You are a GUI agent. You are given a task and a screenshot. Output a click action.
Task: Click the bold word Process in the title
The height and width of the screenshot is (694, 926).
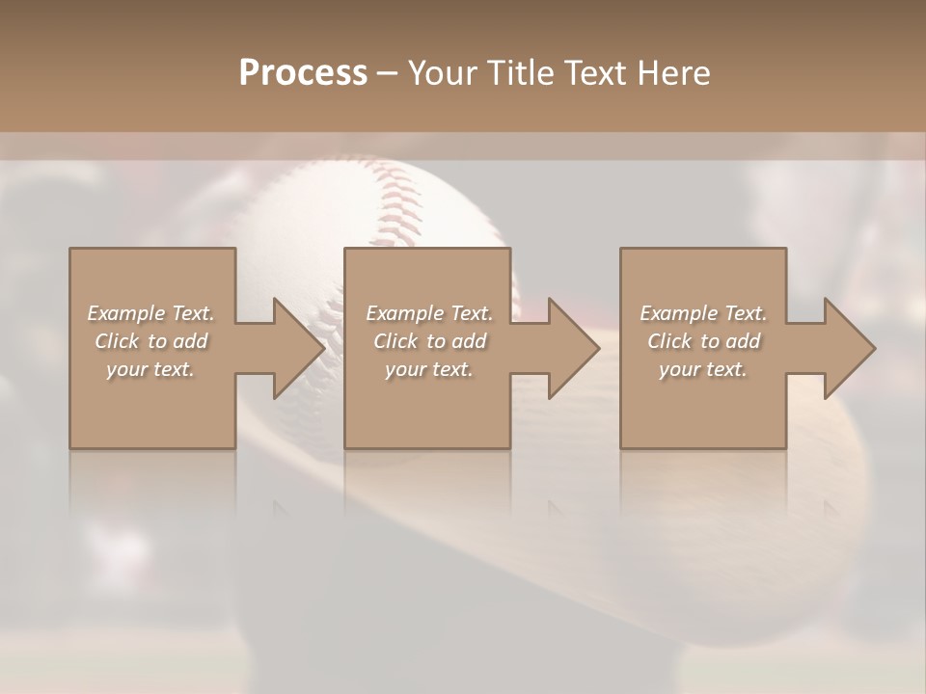(x=303, y=73)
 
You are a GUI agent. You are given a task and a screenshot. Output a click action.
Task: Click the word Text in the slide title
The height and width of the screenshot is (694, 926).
(x=594, y=73)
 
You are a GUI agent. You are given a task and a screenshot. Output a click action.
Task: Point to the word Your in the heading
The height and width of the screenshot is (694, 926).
(x=443, y=73)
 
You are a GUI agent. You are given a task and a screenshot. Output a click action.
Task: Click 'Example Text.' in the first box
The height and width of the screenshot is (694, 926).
(x=151, y=313)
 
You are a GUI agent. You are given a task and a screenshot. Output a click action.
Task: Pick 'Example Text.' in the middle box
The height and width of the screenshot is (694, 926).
(x=429, y=313)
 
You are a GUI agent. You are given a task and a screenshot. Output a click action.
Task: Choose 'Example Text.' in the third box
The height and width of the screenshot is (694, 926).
(x=703, y=313)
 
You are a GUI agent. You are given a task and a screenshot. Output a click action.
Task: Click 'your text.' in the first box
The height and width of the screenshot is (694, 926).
(x=150, y=369)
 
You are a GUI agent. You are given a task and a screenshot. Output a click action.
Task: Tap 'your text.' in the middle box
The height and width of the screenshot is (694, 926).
(x=429, y=369)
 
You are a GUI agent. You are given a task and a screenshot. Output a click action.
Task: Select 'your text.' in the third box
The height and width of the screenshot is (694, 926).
(x=703, y=369)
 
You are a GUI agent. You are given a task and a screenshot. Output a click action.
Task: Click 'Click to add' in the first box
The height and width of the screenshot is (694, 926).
(x=151, y=341)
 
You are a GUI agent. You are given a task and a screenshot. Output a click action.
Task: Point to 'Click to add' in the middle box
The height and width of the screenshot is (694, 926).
(x=429, y=341)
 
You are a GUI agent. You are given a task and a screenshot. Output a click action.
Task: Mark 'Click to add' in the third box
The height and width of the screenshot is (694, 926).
(x=703, y=341)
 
